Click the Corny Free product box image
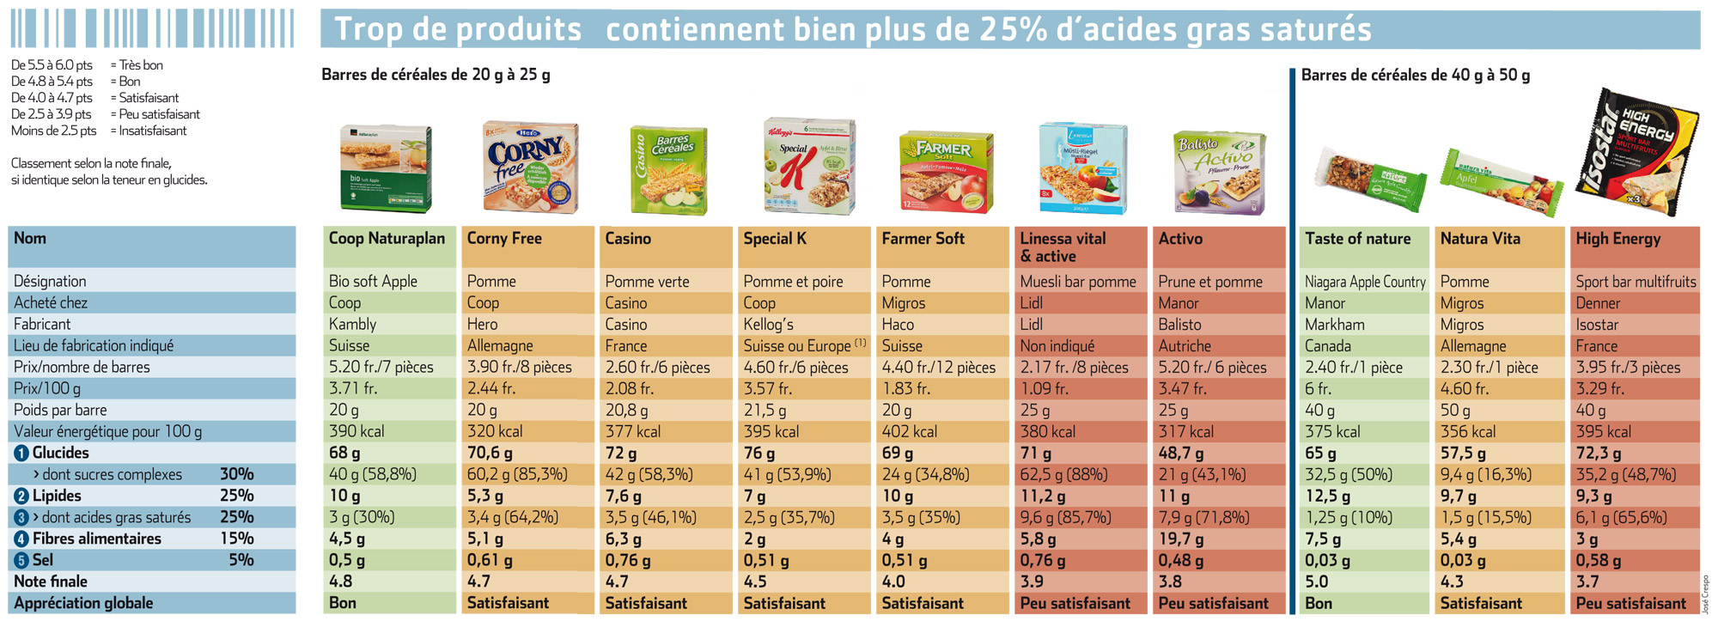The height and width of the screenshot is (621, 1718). (530, 167)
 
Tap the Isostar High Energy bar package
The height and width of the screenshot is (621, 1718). (1636, 152)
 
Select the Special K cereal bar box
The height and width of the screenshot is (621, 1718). (809, 166)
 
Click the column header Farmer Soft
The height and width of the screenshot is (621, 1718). (923, 239)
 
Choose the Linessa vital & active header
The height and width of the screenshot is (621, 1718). (1063, 247)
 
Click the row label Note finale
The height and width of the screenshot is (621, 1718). (51, 581)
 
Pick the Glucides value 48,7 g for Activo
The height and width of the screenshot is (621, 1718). (1180, 453)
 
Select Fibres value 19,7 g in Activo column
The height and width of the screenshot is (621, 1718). (1180, 539)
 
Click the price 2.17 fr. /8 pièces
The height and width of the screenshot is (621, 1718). (1074, 367)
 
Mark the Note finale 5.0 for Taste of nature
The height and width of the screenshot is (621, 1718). (1316, 581)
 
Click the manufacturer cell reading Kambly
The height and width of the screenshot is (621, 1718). (352, 324)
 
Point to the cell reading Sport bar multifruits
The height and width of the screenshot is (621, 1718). (1636, 281)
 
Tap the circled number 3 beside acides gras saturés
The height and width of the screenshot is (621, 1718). (21, 517)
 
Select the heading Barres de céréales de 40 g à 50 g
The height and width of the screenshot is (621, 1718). (1415, 76)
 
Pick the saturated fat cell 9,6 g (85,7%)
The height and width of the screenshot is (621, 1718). (1065, 517)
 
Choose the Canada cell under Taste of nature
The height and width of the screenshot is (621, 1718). (1328, 345)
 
